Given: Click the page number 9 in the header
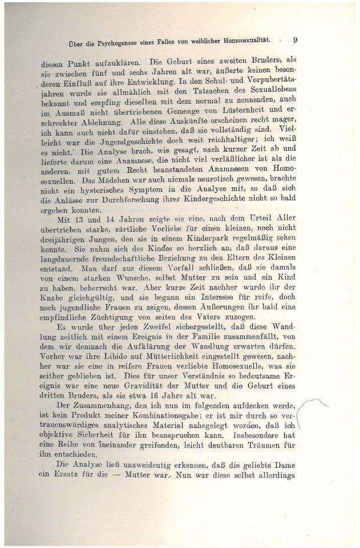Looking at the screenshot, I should point(296,40).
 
